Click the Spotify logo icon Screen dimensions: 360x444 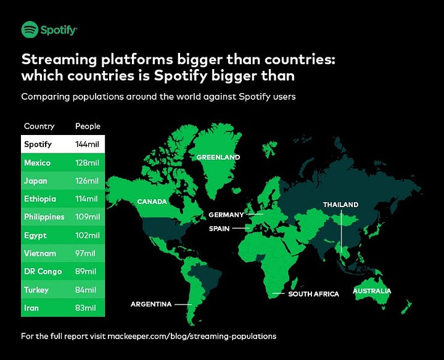[30, 29]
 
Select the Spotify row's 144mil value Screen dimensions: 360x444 [87, 145]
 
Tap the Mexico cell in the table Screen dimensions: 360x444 [37, 163]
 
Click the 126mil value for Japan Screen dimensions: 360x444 [87, 181]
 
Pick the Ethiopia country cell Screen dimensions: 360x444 [39, 199]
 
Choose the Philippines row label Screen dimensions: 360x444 [44, 217]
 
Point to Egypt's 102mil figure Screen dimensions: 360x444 [87, 235]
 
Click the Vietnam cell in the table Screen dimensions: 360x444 [39, 253]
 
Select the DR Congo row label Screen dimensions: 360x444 [41, 272]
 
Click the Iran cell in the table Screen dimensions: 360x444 [31, 308]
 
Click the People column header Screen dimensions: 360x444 [88, 126]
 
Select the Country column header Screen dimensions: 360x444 [39, 126]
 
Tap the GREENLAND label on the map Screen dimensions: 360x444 [218, 157]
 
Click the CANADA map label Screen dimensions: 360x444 [152, 202]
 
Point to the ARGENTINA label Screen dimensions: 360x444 [151, 304]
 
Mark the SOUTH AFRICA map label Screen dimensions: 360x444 [313, 294]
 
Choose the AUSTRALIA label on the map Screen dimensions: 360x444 [371, 291]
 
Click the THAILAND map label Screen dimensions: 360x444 [340, 205]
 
